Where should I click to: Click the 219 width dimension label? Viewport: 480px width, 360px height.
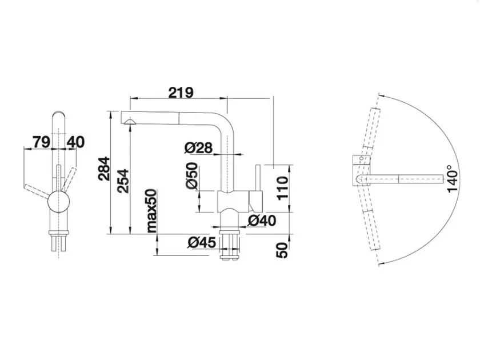(x=181, y=93)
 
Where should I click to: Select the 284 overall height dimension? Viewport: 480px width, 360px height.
(x=104, y=169)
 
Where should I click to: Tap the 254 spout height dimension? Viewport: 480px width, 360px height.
(x=123, y=181)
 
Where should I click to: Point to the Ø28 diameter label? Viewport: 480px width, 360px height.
(x=198, y=148)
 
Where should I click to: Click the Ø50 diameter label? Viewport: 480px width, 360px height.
(x=191, y=176)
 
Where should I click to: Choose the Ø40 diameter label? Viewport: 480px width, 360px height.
(x=262, y=221)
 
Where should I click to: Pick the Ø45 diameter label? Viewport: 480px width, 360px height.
(x=202, y=242)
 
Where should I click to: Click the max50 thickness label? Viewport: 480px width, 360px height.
(x=151, y=211)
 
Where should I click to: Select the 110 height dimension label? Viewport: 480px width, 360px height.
(x=282, y=188)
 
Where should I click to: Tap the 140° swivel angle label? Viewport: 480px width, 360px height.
(x=453, y=179)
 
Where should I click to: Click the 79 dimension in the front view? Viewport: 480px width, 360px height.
(x=41, y=142)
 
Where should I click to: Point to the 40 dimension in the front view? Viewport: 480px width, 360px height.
(x=75, y=142)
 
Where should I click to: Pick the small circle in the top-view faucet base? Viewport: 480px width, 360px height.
(x=362, y=159)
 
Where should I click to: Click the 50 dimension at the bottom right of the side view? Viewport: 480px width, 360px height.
(x=282, y=250)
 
